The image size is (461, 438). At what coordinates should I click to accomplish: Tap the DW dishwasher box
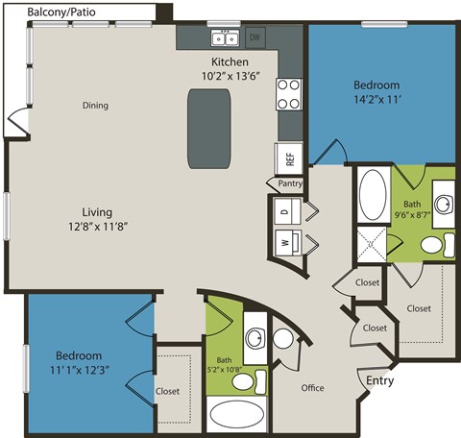pos(255,38)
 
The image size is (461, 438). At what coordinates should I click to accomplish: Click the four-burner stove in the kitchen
pos(288,93)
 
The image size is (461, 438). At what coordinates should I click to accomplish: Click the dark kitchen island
pos(209,127)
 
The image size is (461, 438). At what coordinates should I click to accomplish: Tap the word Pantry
pos(290,183)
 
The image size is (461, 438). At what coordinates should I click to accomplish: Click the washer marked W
pos(286,243)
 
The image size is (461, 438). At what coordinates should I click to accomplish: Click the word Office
pos(312,388)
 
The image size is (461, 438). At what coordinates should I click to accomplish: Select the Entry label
pos(379,381)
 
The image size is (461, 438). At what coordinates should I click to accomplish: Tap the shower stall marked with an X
pos(372,243)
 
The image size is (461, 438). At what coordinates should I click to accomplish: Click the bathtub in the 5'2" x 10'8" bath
pos(240,416)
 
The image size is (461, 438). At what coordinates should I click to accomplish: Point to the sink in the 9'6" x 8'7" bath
pos(443,205)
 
